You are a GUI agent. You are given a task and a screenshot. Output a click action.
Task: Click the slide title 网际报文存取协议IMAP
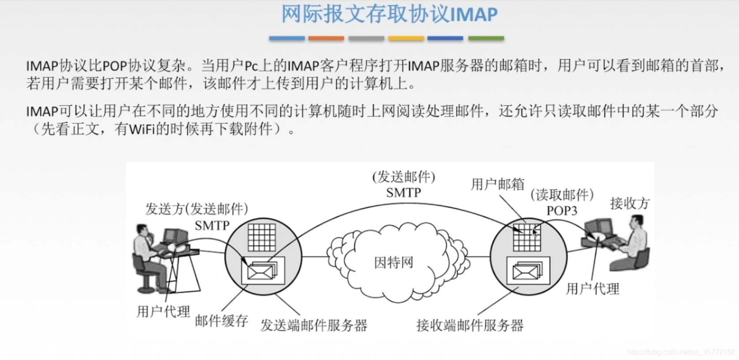(x=389, y=15)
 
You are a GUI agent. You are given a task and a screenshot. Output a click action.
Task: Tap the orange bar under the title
(x=326, y=38)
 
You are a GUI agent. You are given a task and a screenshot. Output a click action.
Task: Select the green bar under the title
(x=486, y=38)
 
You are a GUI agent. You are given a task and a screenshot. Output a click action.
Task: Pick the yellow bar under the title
(x=406, y=38)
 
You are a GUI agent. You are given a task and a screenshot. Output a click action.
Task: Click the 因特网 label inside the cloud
(x=393, y=262)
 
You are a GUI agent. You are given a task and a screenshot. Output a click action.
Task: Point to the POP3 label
(x=562, y=211)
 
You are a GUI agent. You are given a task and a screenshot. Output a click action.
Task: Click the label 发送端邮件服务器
(x=313, y=326)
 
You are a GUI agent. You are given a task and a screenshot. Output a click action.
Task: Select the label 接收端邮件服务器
(x=470, y=326)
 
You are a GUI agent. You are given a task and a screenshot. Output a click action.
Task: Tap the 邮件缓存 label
(x=222, y=321)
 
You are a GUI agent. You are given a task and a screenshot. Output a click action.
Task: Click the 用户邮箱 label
(x=498, y=184)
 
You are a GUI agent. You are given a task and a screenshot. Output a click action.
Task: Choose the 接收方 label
(x=630, y=203)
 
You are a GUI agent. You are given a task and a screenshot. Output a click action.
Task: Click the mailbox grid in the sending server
(x=261, y=237)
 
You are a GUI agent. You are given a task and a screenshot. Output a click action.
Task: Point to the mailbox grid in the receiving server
(x=526, y=237)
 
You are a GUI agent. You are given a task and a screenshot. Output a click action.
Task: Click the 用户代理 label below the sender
(x=163, y=311)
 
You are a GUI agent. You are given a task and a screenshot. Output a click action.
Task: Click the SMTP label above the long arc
(x=403, y=193)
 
